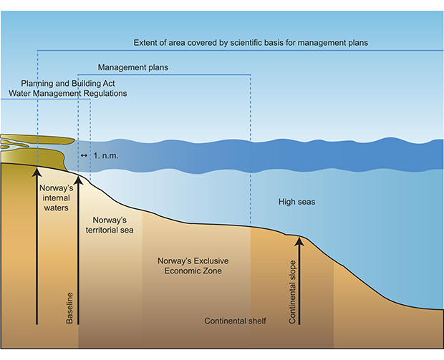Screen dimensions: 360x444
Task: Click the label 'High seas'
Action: tap(296, 202)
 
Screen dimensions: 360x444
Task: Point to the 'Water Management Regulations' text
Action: tap(68, 93)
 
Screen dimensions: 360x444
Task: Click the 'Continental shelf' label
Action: tap(235, 321)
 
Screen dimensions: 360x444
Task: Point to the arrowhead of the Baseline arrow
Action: tap(79, 179)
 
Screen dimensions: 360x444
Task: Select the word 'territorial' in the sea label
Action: tap(110, 230)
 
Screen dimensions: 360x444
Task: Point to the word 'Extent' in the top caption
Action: tap(145, 43)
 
